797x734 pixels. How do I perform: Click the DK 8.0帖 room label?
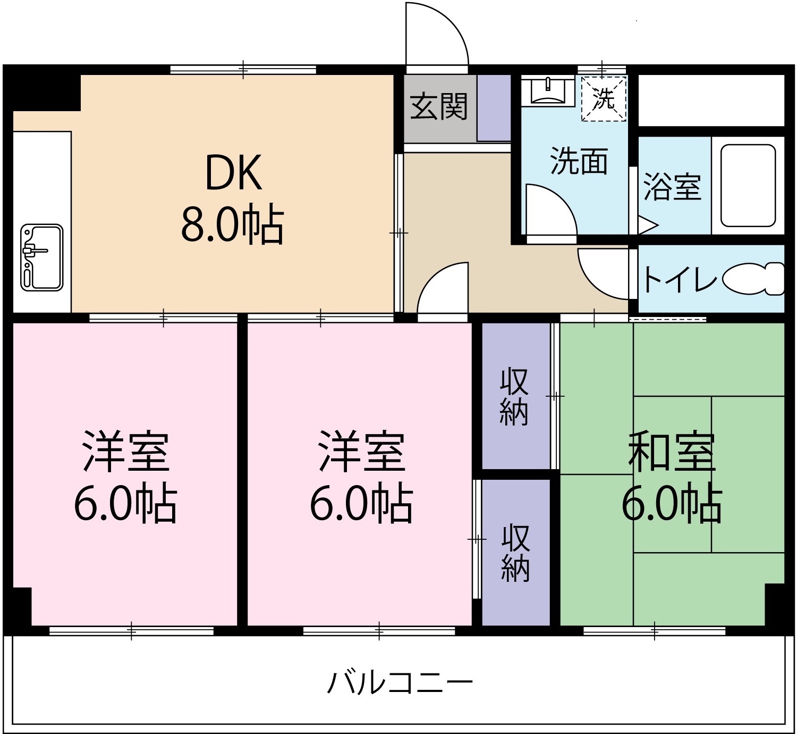[233, 198]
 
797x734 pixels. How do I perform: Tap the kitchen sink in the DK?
[41, 257]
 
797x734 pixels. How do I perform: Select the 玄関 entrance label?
[439, 106]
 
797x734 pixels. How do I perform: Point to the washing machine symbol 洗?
[604, 99]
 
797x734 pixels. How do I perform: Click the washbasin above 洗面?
[547, 91]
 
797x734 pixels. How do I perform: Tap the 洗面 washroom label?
[578, 161]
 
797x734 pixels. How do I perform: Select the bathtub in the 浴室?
[747, 185]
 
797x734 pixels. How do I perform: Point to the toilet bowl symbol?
[753, 279]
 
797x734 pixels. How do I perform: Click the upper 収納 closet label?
[514, 396]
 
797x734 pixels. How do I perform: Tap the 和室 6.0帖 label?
[672, 478]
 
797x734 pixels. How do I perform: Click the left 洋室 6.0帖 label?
[125, 478]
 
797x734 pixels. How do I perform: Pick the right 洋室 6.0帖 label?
[361, 478]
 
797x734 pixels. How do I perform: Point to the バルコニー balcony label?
[400, 683]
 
